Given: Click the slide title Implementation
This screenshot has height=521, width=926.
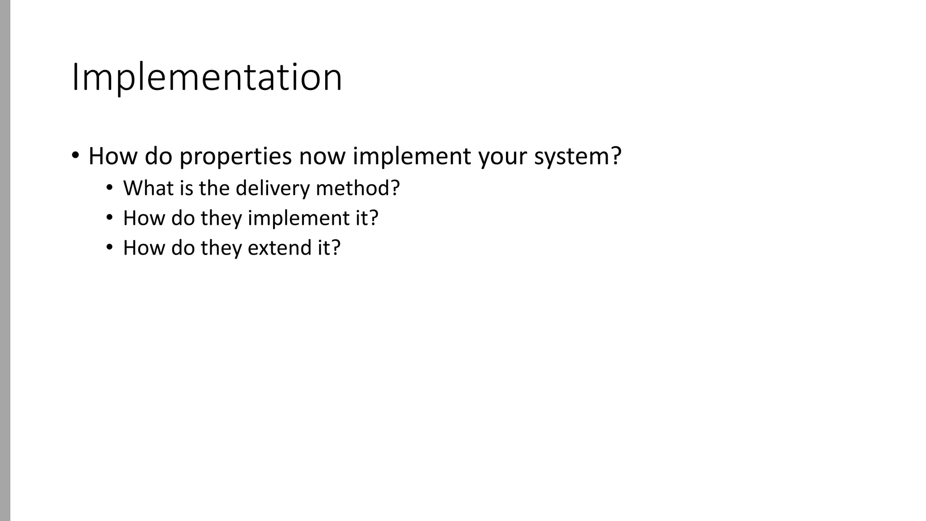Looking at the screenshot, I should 207,77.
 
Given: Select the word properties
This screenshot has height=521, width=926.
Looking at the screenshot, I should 235,156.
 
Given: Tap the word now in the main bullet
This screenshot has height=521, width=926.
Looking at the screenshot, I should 321,156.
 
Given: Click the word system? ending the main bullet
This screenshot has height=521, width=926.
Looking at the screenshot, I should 577,156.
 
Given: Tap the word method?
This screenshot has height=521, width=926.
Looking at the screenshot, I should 358,188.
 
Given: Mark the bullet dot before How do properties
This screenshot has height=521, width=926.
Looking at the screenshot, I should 76,156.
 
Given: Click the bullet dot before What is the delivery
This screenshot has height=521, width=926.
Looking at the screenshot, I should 109,188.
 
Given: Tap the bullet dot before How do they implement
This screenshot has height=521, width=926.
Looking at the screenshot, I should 109,218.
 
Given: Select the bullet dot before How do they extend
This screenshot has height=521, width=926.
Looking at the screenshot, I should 109,247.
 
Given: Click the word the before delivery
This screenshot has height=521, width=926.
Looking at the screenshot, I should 214,188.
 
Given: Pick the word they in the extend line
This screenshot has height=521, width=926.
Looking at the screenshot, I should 221,248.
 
